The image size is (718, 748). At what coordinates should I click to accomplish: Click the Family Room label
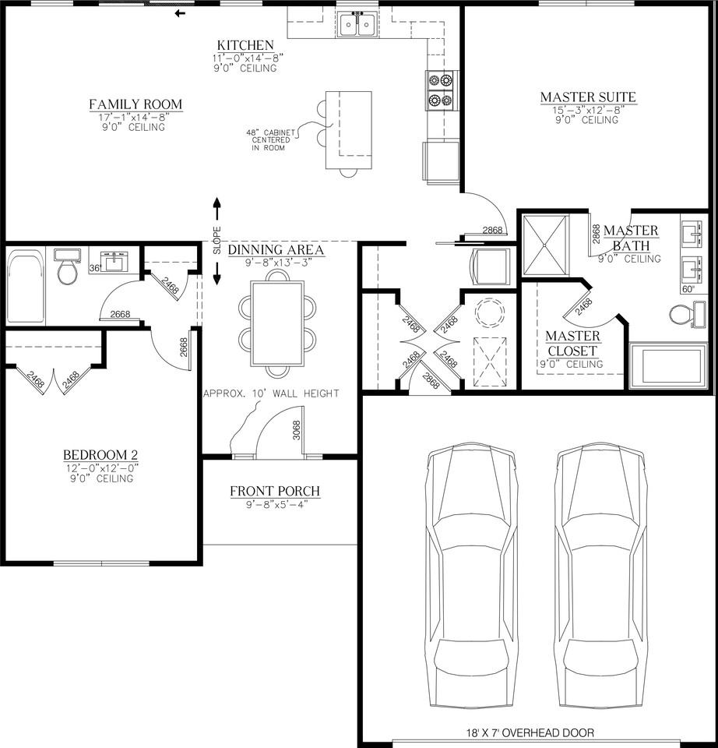point(136,104)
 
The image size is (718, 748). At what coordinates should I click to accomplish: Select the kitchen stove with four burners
point(439,90)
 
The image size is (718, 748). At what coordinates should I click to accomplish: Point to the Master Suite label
point(588,97)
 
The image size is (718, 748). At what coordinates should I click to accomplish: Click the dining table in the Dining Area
point(277,323)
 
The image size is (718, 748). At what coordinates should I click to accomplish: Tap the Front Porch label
point(275,492)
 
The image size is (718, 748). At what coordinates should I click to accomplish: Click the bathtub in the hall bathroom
point(26,286)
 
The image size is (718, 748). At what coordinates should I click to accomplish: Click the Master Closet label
point(572,344)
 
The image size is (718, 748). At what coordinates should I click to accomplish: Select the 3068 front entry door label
point(296,430)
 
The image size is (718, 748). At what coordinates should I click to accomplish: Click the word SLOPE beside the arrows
point(217,241)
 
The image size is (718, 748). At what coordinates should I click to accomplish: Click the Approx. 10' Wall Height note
point(271,393)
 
